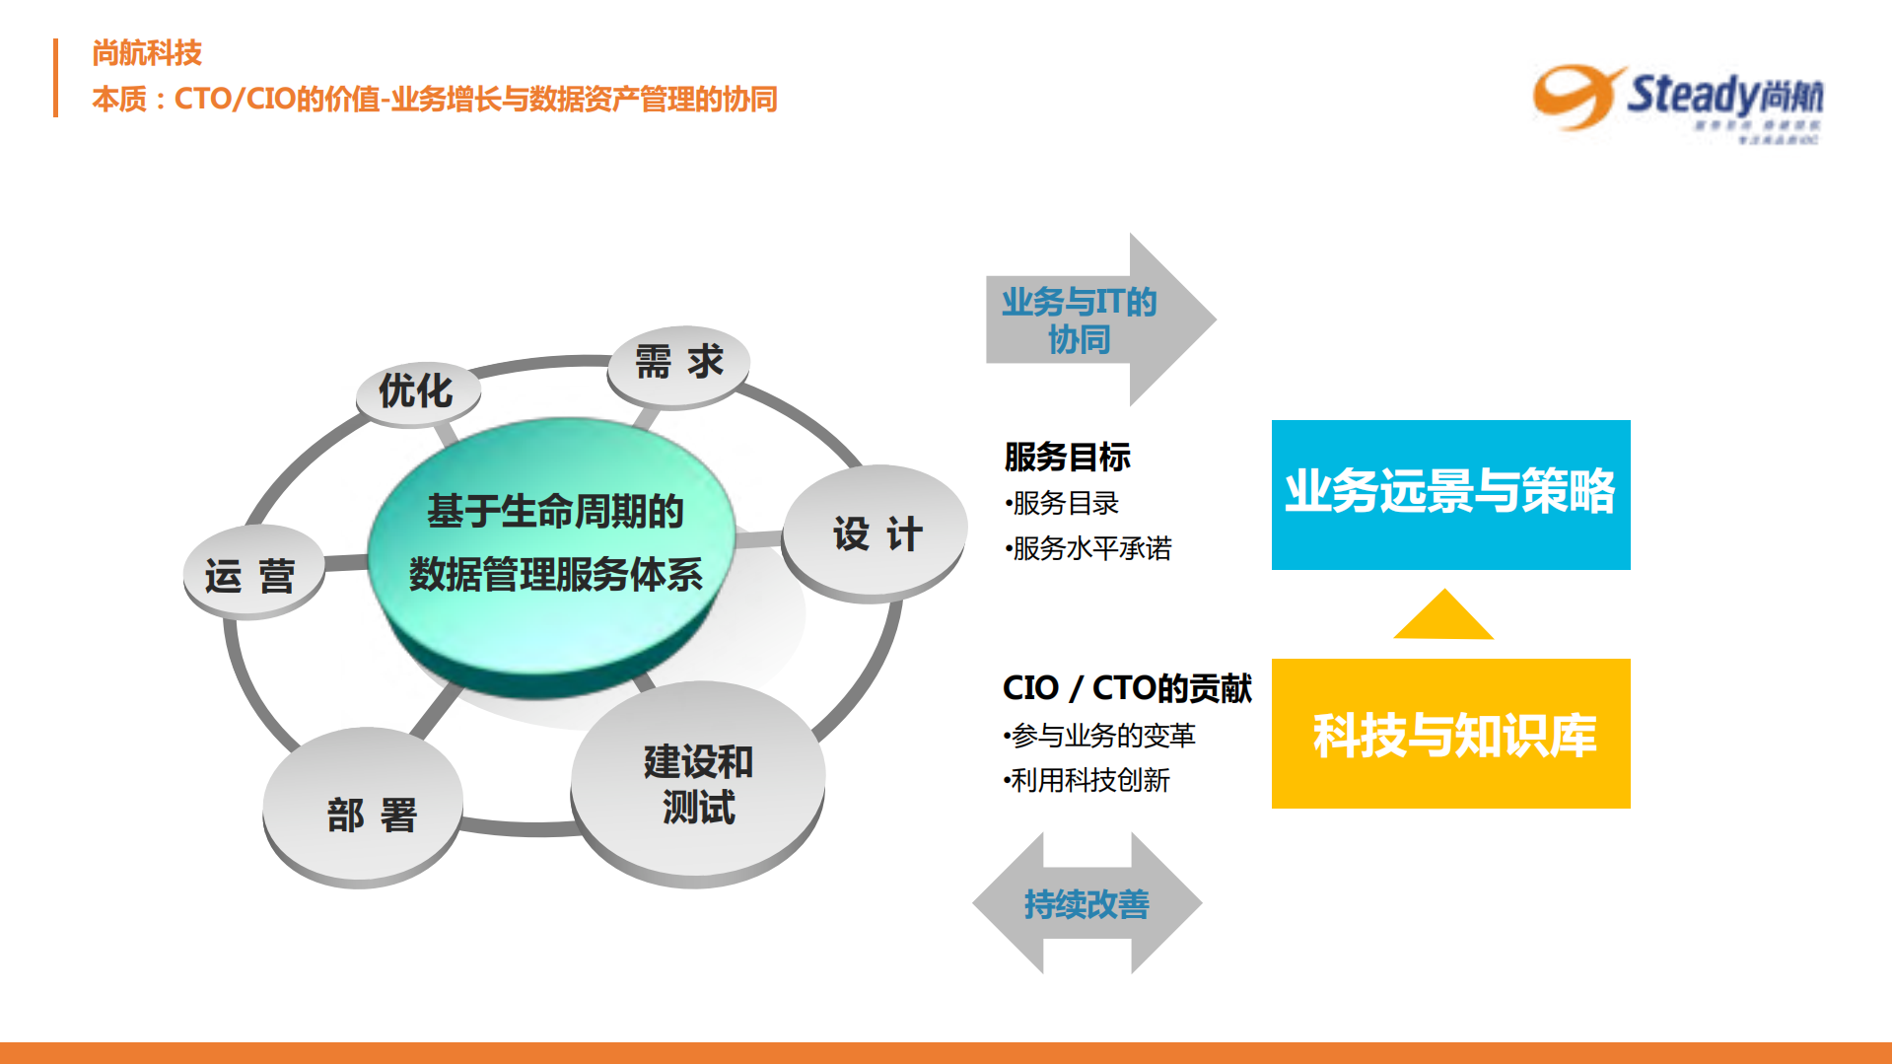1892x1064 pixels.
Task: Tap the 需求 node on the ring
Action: (678, 363)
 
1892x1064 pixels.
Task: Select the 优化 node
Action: (417, 391)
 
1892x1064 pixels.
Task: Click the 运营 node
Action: (251, 575)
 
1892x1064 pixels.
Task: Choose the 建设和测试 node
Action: (698, 785)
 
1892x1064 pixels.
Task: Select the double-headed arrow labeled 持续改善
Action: (1086, 903)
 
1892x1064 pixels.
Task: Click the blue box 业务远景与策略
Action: (1450, 494)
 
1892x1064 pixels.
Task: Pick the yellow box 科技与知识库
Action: (1450, 734)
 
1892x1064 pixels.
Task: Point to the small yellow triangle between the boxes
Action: (1443, 617)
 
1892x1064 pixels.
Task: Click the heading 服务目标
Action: (1067, 457)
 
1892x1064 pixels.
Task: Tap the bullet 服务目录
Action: (1063, 503)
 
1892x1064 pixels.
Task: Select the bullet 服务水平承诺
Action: (1089, 548)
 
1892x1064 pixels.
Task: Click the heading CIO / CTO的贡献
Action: (1126, 687)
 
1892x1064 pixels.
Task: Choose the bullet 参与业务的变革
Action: (1100, 735)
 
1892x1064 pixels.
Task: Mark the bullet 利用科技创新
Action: (1087, 780)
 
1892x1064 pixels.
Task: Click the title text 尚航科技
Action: (147, 53)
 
